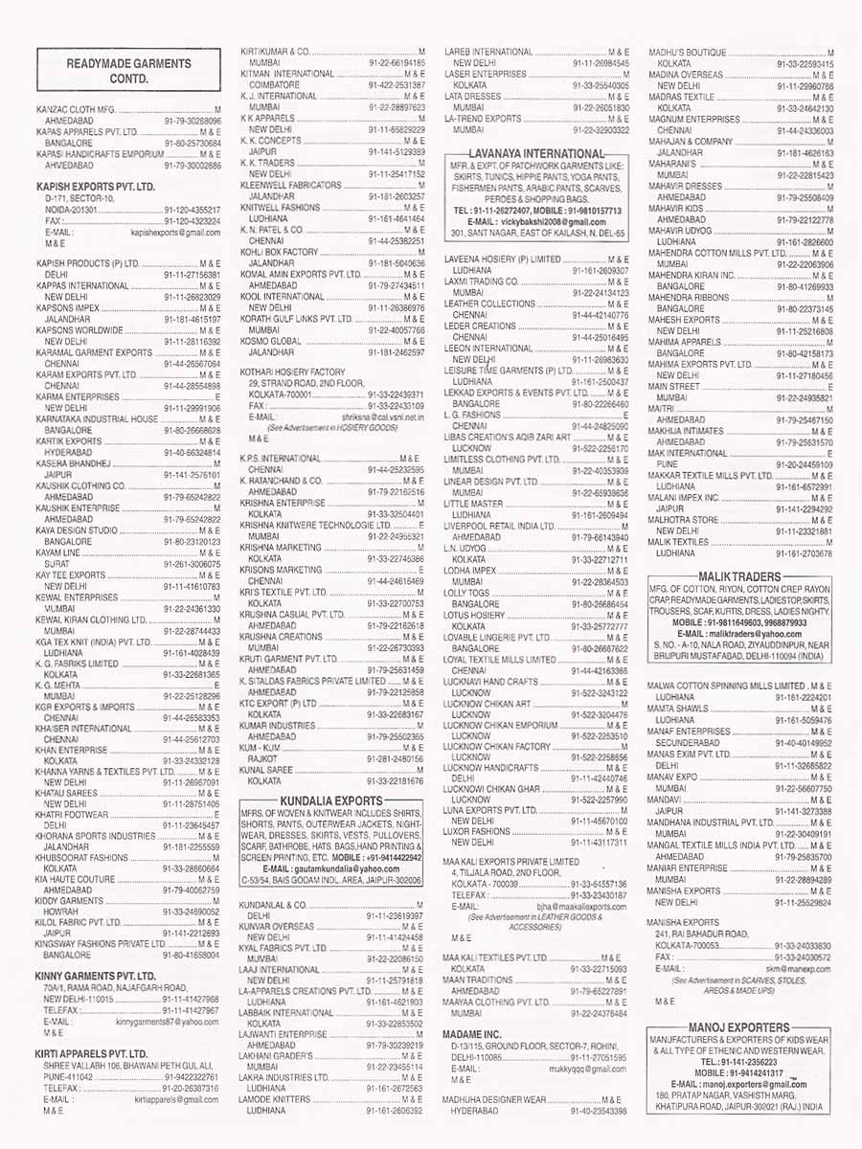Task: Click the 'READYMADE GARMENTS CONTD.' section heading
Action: pyautogui.click(x=128, y=71)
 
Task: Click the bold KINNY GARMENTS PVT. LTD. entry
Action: pyautogui.click(x=95, y=976)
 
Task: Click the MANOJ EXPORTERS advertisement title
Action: pyautogui.click(x=738, y=1026)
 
